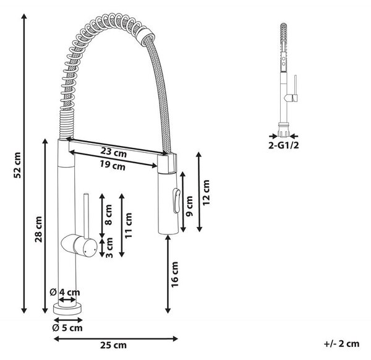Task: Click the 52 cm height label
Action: pyautogui.click(x=18, y=165)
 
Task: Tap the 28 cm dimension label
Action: pyautogui.click(x=38, y=229)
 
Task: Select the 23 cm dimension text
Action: pyautogui.click(x=114, y=152)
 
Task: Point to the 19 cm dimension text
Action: pyautogui.click(x=113, y=165)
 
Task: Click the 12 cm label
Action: pyautogui.click(x=206, y=192)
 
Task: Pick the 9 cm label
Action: pyautogui.click(x=190, y=206)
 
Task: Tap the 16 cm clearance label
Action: pyautogui.click(x=174, y=275)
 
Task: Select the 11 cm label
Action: pyautogui.click(x=129, y=226)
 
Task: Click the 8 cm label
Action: pyautogui.click(x=108, y=215)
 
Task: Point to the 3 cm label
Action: pyautogui.click(x=109, y=247)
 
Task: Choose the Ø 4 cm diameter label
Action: pyautogui.click(x=65, y=293)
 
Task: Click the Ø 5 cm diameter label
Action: pyautogui.click(x=67, y=328)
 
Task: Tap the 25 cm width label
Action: pyautogui.click(x=113, y=345)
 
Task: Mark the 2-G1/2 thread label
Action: pyautogui.click(x=283, y=145)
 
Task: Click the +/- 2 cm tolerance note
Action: pyautogui.click(x=341, y=344)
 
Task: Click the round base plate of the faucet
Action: pyautogui.click(x=67, y=309)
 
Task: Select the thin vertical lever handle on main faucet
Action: pyautogui.click(x=86, y=216)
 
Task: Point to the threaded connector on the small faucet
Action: pyautogui.click(x=283, y=130)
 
